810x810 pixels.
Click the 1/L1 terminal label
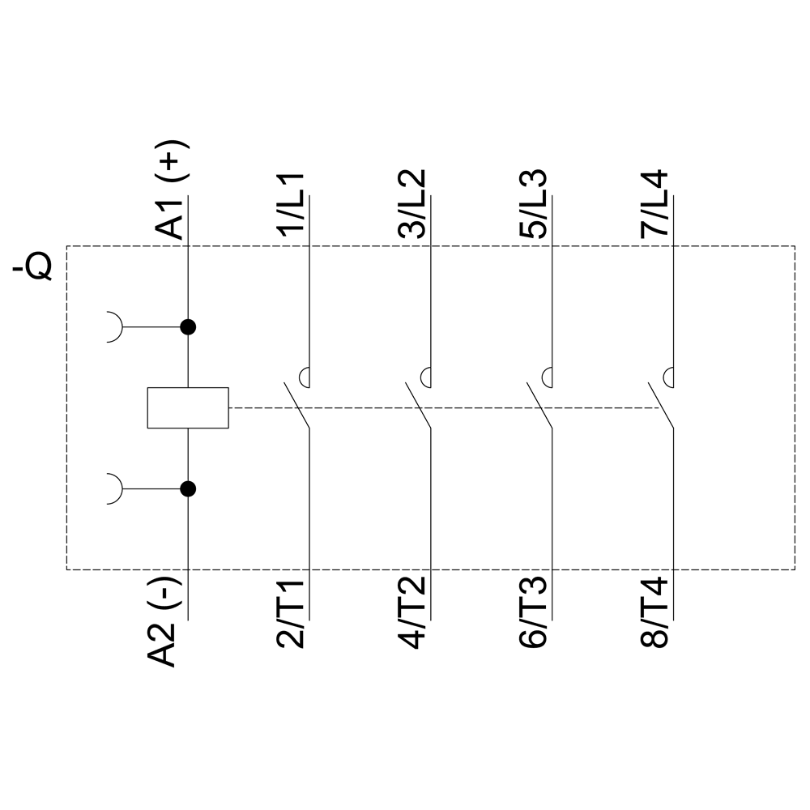coord(290,204)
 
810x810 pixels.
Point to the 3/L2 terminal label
coord(411,204)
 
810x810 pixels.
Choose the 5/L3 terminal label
coord(533,204)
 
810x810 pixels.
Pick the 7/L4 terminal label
coord(654,204)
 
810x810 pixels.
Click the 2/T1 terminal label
coord(290,613)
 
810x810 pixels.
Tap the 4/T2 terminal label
coord(411,613)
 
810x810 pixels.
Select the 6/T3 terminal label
coord(533,613)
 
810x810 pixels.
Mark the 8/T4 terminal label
coord(654,613)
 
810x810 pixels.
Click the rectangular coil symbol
coord(188,407)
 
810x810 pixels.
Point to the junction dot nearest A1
coord(188,327)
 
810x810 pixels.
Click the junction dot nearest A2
coord(188,488)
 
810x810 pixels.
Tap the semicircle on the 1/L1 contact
coord(304,377)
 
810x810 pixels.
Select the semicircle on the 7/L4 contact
coord(668,377)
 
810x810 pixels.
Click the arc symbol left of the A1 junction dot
coord(115,327)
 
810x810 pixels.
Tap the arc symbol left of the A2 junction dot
coord(115,488)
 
